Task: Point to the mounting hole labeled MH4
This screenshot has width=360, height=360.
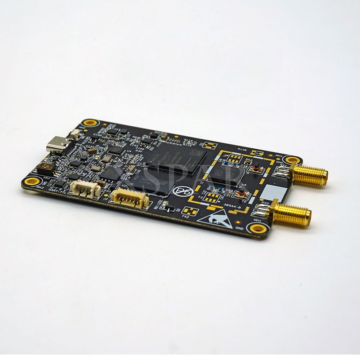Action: pos(291,159)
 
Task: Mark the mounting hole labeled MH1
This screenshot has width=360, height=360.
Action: pos(258,228)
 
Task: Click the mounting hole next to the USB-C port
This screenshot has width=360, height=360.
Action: pos(90,123)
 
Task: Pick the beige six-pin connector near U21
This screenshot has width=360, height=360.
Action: pos(130,198)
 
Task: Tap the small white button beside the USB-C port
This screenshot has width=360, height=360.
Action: pos(75,134)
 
